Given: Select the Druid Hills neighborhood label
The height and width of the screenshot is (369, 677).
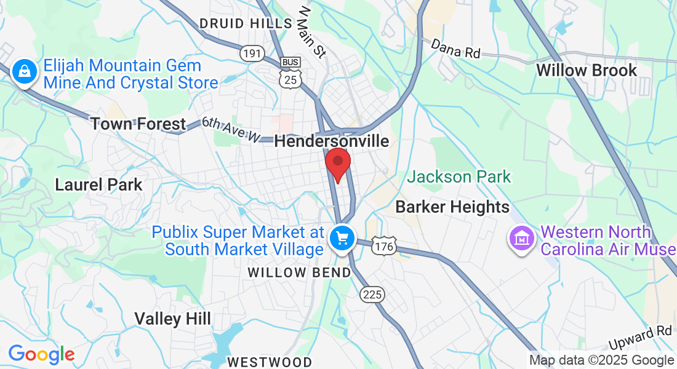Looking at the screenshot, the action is (246, 23).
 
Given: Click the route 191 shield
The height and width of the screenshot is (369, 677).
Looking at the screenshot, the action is (252, 54).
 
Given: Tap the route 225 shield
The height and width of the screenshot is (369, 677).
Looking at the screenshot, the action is (372, 295).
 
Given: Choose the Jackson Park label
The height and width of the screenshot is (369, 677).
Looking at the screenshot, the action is (459, 177).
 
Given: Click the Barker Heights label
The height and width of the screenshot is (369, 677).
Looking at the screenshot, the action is (452, 207).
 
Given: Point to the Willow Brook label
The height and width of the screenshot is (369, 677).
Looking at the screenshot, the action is (586, 70).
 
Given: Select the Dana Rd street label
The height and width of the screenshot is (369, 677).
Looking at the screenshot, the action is (455, 48).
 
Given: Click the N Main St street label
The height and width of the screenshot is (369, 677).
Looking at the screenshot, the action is (311, 32).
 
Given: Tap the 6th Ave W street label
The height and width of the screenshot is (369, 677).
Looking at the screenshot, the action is (231, 130).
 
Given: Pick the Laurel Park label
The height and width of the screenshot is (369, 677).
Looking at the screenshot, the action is (98, 184).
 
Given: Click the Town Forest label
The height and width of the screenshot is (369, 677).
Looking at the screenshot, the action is (138, 124).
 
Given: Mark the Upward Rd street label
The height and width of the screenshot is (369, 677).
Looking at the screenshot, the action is (640, 339).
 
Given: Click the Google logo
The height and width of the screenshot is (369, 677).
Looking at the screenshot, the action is (41, 354).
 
